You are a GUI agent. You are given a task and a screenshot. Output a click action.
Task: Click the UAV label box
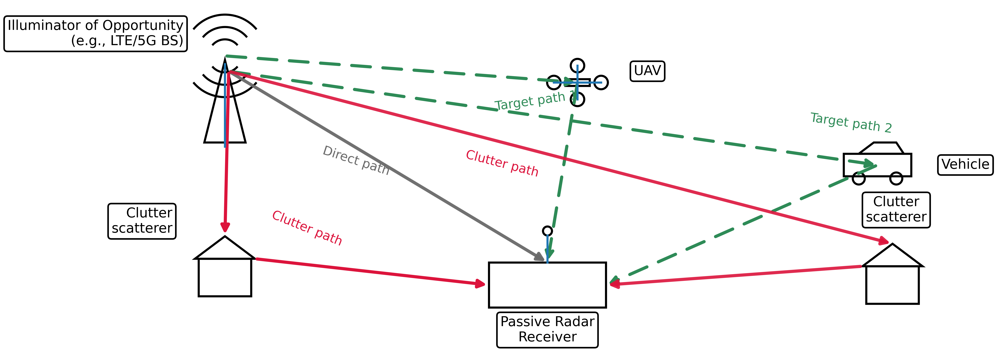point(647,71)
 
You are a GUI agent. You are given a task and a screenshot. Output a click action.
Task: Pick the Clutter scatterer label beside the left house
point(142,221)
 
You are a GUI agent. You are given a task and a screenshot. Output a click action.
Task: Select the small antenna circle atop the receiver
point(547,231)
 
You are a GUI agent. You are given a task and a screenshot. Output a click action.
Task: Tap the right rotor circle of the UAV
point(601,82)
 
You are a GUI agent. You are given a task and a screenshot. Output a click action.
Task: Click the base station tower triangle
point(225,117)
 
